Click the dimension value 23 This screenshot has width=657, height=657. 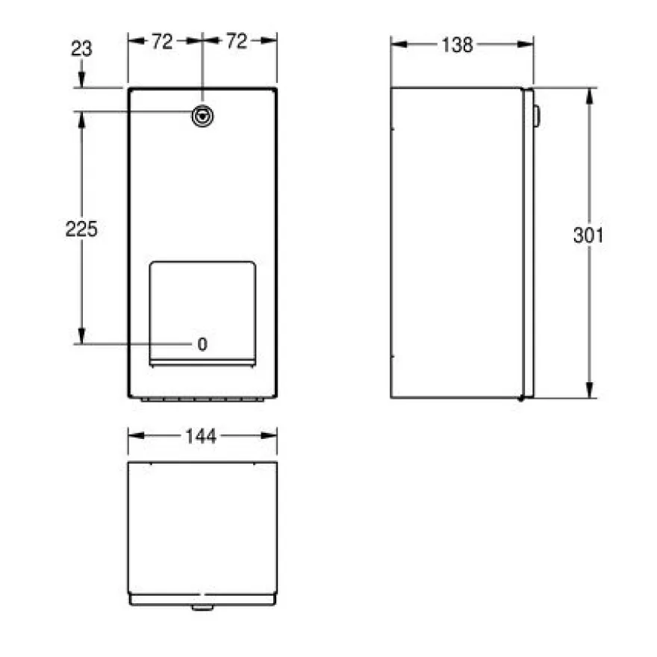point(81,49)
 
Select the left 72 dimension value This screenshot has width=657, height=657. point(162,42)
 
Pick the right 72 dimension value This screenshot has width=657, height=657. point(237,41)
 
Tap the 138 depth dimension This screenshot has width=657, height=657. point(457,45)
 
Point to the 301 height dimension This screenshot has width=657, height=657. point(588,235)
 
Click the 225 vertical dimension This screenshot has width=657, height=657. point(81,229)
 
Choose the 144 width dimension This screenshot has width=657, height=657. point(201,436)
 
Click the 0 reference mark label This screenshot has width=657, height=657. point(202,344)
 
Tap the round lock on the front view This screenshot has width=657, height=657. point(202,116)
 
